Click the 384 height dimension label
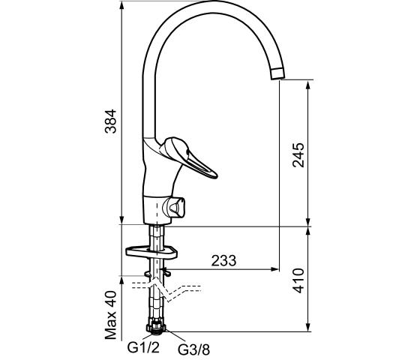tap(111, 121)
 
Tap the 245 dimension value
tap(298, 155)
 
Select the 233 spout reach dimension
tap(223, 261)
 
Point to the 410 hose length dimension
tap(298, 280)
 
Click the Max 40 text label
tap(111, 315)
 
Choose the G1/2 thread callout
tap(143, 347)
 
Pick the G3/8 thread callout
tap(193, 349)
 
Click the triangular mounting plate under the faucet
tap(151, 253)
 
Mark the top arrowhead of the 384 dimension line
tap(121, 5)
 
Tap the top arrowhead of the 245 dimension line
tap(308, 85)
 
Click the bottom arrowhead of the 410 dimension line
tap(308, 327)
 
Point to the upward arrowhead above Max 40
tap(121, 280)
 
